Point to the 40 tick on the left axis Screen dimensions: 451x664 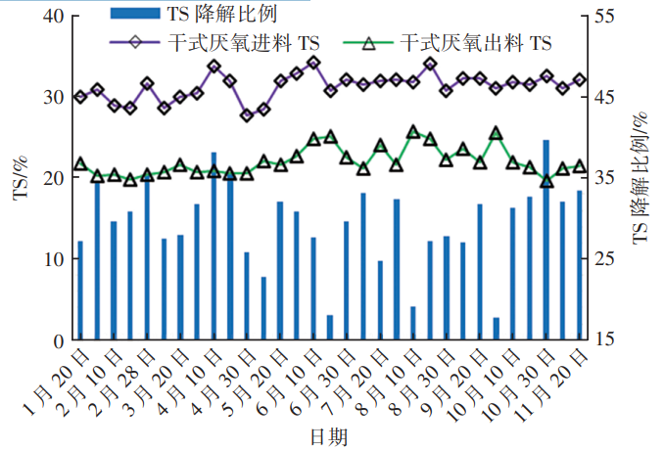pyautogui.click(x=54, y=17)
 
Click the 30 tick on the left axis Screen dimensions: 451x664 pyautogui.click(x=54, y=98)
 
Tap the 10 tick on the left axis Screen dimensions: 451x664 pyautogui.click(x=54, y=259)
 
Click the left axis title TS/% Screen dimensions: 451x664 pyautogui.click(x=21, y=177)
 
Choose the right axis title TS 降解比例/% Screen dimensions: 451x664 pyautogui.click(x=641, y=177)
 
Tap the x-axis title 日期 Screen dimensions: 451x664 pyautogui.click(x=330, y=436)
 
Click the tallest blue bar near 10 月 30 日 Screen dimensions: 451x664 pyautogui.click(x=545, y=240)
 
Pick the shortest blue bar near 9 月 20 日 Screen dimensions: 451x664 pyautogui.click(x=496, y=329)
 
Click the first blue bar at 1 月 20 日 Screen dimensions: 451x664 pyautogui.click(x=80, y=291)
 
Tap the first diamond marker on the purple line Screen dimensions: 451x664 pyautogui.click(x=80, y=96)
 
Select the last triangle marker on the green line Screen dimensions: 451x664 pyautogui.click(x=579, y=166)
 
